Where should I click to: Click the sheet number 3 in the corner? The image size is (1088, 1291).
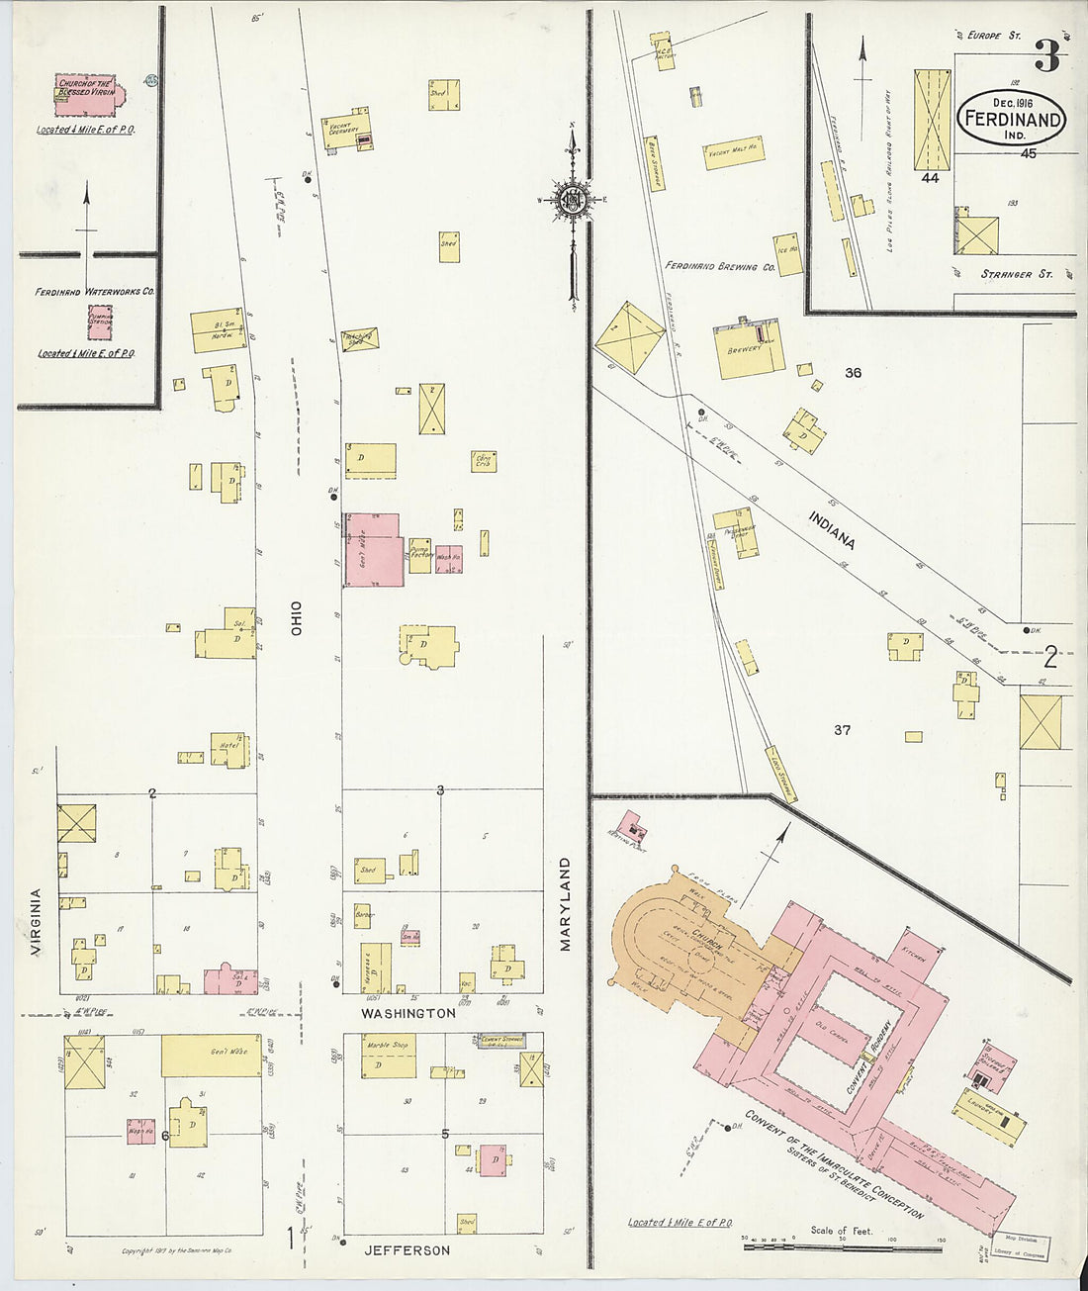(x=1046, y=56)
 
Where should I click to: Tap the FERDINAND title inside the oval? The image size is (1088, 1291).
(x=1012, y=120)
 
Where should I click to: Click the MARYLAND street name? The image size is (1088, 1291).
(x=566, y=904)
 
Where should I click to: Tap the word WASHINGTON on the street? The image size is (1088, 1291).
(x=408, y=1014)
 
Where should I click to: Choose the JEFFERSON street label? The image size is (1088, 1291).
(x=408, y=1250)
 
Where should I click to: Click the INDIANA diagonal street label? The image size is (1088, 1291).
(x=831, y=530)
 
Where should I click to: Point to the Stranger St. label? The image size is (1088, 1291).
(x=1015, y=274)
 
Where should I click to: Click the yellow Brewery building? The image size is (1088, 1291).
(x=750, y=350)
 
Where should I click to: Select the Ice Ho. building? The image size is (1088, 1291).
(x=788, y=253)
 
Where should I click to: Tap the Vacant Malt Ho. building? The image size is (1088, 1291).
(x=736, y=152)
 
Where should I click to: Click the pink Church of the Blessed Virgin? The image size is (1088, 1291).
(x=87, y=94)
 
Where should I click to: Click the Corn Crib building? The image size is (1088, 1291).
(x=484, y=460)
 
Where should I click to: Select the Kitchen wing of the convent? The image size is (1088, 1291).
(x=914, y=955)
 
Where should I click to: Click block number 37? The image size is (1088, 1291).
(x=842, y=730)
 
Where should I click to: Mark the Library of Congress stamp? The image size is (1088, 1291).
(x=1025, y=1243)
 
